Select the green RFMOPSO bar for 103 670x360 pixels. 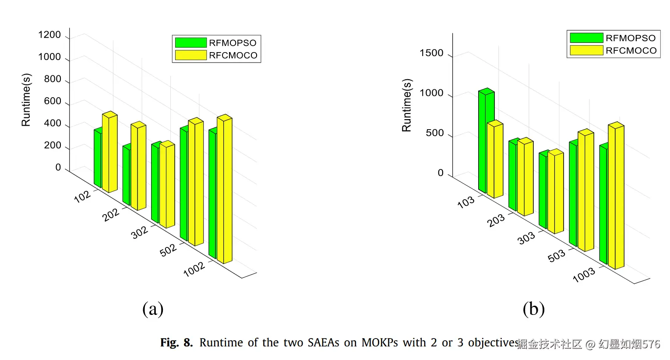483,140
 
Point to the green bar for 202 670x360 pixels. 126,175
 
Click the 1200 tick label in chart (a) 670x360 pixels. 49,35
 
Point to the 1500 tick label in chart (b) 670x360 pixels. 431,53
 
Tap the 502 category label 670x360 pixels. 169,250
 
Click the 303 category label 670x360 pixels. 526,238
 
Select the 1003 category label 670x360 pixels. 584,275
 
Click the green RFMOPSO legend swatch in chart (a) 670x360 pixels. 190,42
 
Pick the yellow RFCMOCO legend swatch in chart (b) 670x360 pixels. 586,50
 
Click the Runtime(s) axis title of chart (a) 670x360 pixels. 26,100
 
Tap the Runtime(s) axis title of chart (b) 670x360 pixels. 407,105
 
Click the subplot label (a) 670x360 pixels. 153,309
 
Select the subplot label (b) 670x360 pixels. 534,309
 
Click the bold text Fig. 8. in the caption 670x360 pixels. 176,342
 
